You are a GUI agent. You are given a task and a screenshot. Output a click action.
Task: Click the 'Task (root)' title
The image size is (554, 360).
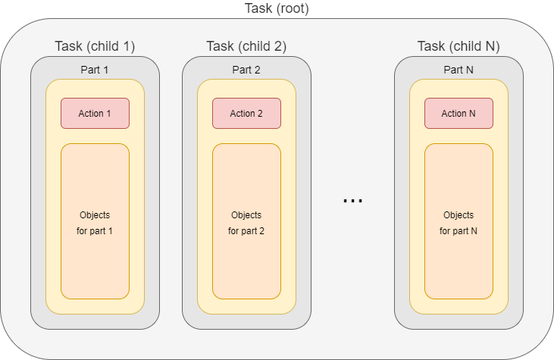coord(277,9)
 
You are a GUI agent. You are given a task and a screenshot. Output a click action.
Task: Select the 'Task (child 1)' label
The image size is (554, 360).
coord(95,46)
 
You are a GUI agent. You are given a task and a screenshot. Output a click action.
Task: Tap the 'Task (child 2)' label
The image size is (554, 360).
coord(246,46)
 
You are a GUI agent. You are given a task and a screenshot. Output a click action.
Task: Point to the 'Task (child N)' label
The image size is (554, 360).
coord(459,46)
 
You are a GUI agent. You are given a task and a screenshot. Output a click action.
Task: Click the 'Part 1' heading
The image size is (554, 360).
coord(95,70)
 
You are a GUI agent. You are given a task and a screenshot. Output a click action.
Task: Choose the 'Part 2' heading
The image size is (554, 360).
coord(246,70)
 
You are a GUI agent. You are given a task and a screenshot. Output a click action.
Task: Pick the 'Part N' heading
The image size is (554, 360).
coord(459,70)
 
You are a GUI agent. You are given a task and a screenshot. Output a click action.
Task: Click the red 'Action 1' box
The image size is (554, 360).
coord(95,114)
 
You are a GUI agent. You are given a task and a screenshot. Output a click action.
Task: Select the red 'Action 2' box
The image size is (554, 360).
coord(246,114)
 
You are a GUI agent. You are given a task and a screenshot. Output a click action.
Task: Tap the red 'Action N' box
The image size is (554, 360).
coord(459,114)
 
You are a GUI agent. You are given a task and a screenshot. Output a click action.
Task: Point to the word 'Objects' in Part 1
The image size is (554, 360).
coord(95,215)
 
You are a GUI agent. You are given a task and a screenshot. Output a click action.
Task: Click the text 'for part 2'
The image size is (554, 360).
coord(246,230)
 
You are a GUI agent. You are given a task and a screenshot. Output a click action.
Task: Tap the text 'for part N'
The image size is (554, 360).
coord(459,230)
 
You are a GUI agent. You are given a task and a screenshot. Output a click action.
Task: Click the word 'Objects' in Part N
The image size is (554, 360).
coord(459,215)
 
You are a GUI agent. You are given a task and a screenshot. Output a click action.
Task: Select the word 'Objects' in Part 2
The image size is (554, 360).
coord(246,215)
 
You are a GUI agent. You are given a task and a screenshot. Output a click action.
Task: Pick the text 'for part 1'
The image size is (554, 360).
coord(95,230)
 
